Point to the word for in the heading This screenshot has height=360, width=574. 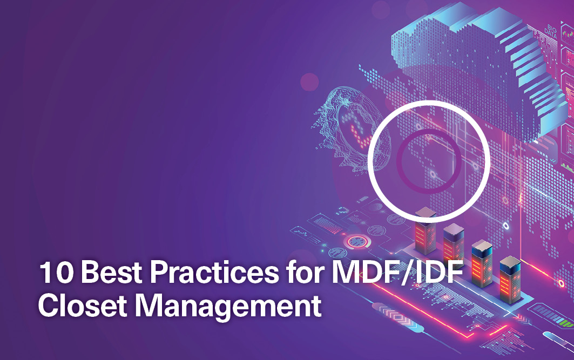tap(305, 272)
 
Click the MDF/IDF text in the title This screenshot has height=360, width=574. tap(397, 273)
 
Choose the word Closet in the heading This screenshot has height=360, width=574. tap(83, 305)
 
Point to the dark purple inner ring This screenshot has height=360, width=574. tap(399, 161)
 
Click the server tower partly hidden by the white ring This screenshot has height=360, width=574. tap(426, 230)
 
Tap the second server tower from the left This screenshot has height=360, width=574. tap(454, 243)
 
